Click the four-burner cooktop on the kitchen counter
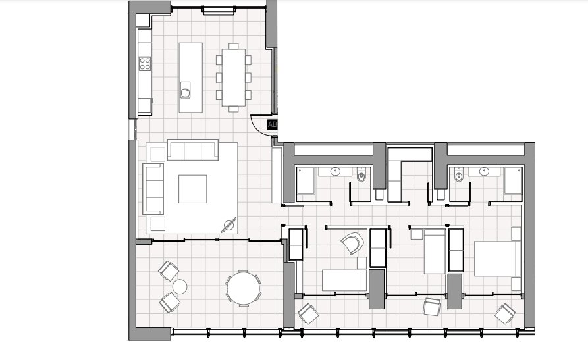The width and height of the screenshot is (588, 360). [144, 64]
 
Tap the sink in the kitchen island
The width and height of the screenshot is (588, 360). [185, 88]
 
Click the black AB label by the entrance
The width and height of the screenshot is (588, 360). [272, 124]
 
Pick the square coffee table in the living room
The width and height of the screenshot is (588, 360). [193, 188]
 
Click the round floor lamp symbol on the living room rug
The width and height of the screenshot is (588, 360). [229, 225]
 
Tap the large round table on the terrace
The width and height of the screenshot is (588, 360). [243, 288]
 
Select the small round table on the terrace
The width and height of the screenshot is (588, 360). [179, 286]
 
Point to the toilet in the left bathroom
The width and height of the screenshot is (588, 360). [360, 177]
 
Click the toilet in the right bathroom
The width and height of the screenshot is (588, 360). [459, 176]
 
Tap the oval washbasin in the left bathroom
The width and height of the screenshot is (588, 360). [336, 171]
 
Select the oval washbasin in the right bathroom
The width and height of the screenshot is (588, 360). [485, 171]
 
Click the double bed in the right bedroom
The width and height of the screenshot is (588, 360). [498, 258]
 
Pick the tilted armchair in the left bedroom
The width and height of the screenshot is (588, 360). [352, 244]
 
